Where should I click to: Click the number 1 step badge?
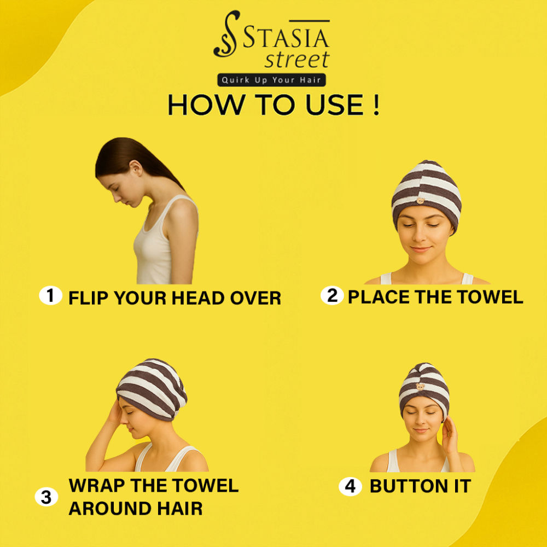[50, 295]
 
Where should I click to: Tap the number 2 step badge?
[332, 295]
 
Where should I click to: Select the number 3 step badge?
[46, 497]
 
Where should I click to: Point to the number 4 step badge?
[350, 486]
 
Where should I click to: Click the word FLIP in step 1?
[89, 298]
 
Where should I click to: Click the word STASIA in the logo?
[286, 38]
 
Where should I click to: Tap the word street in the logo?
[297, 59]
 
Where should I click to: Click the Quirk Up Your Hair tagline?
[271, 80]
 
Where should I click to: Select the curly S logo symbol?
[227, 34]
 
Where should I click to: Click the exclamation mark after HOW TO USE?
[376, 104]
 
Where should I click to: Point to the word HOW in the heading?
[206, 104]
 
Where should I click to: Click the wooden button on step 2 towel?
[421, 201]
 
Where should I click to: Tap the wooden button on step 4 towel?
[421, 387]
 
